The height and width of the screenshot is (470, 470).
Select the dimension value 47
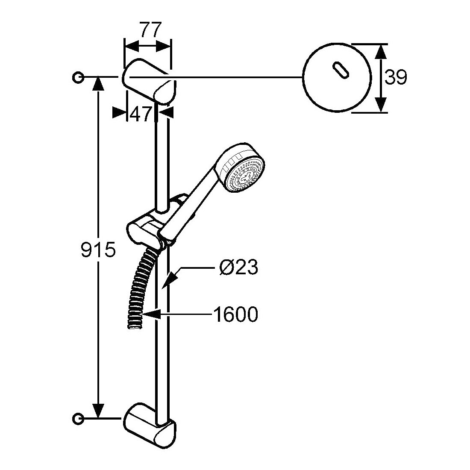(x=141, y=114)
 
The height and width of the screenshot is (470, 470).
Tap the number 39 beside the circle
(x=396, y=78)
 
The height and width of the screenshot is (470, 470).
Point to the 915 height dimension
(x=98, y=250)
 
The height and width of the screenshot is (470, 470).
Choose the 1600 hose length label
(x=235, y=315)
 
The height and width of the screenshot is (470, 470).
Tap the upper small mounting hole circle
(x=78, y=77)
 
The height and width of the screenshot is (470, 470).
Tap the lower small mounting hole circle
(x=78, y=417)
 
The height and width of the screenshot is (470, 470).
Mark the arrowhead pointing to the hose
(x=150, y=315)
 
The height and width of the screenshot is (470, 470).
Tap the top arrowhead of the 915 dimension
(x=99, y=83)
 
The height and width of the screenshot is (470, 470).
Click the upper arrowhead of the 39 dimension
(x=381, y=51)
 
